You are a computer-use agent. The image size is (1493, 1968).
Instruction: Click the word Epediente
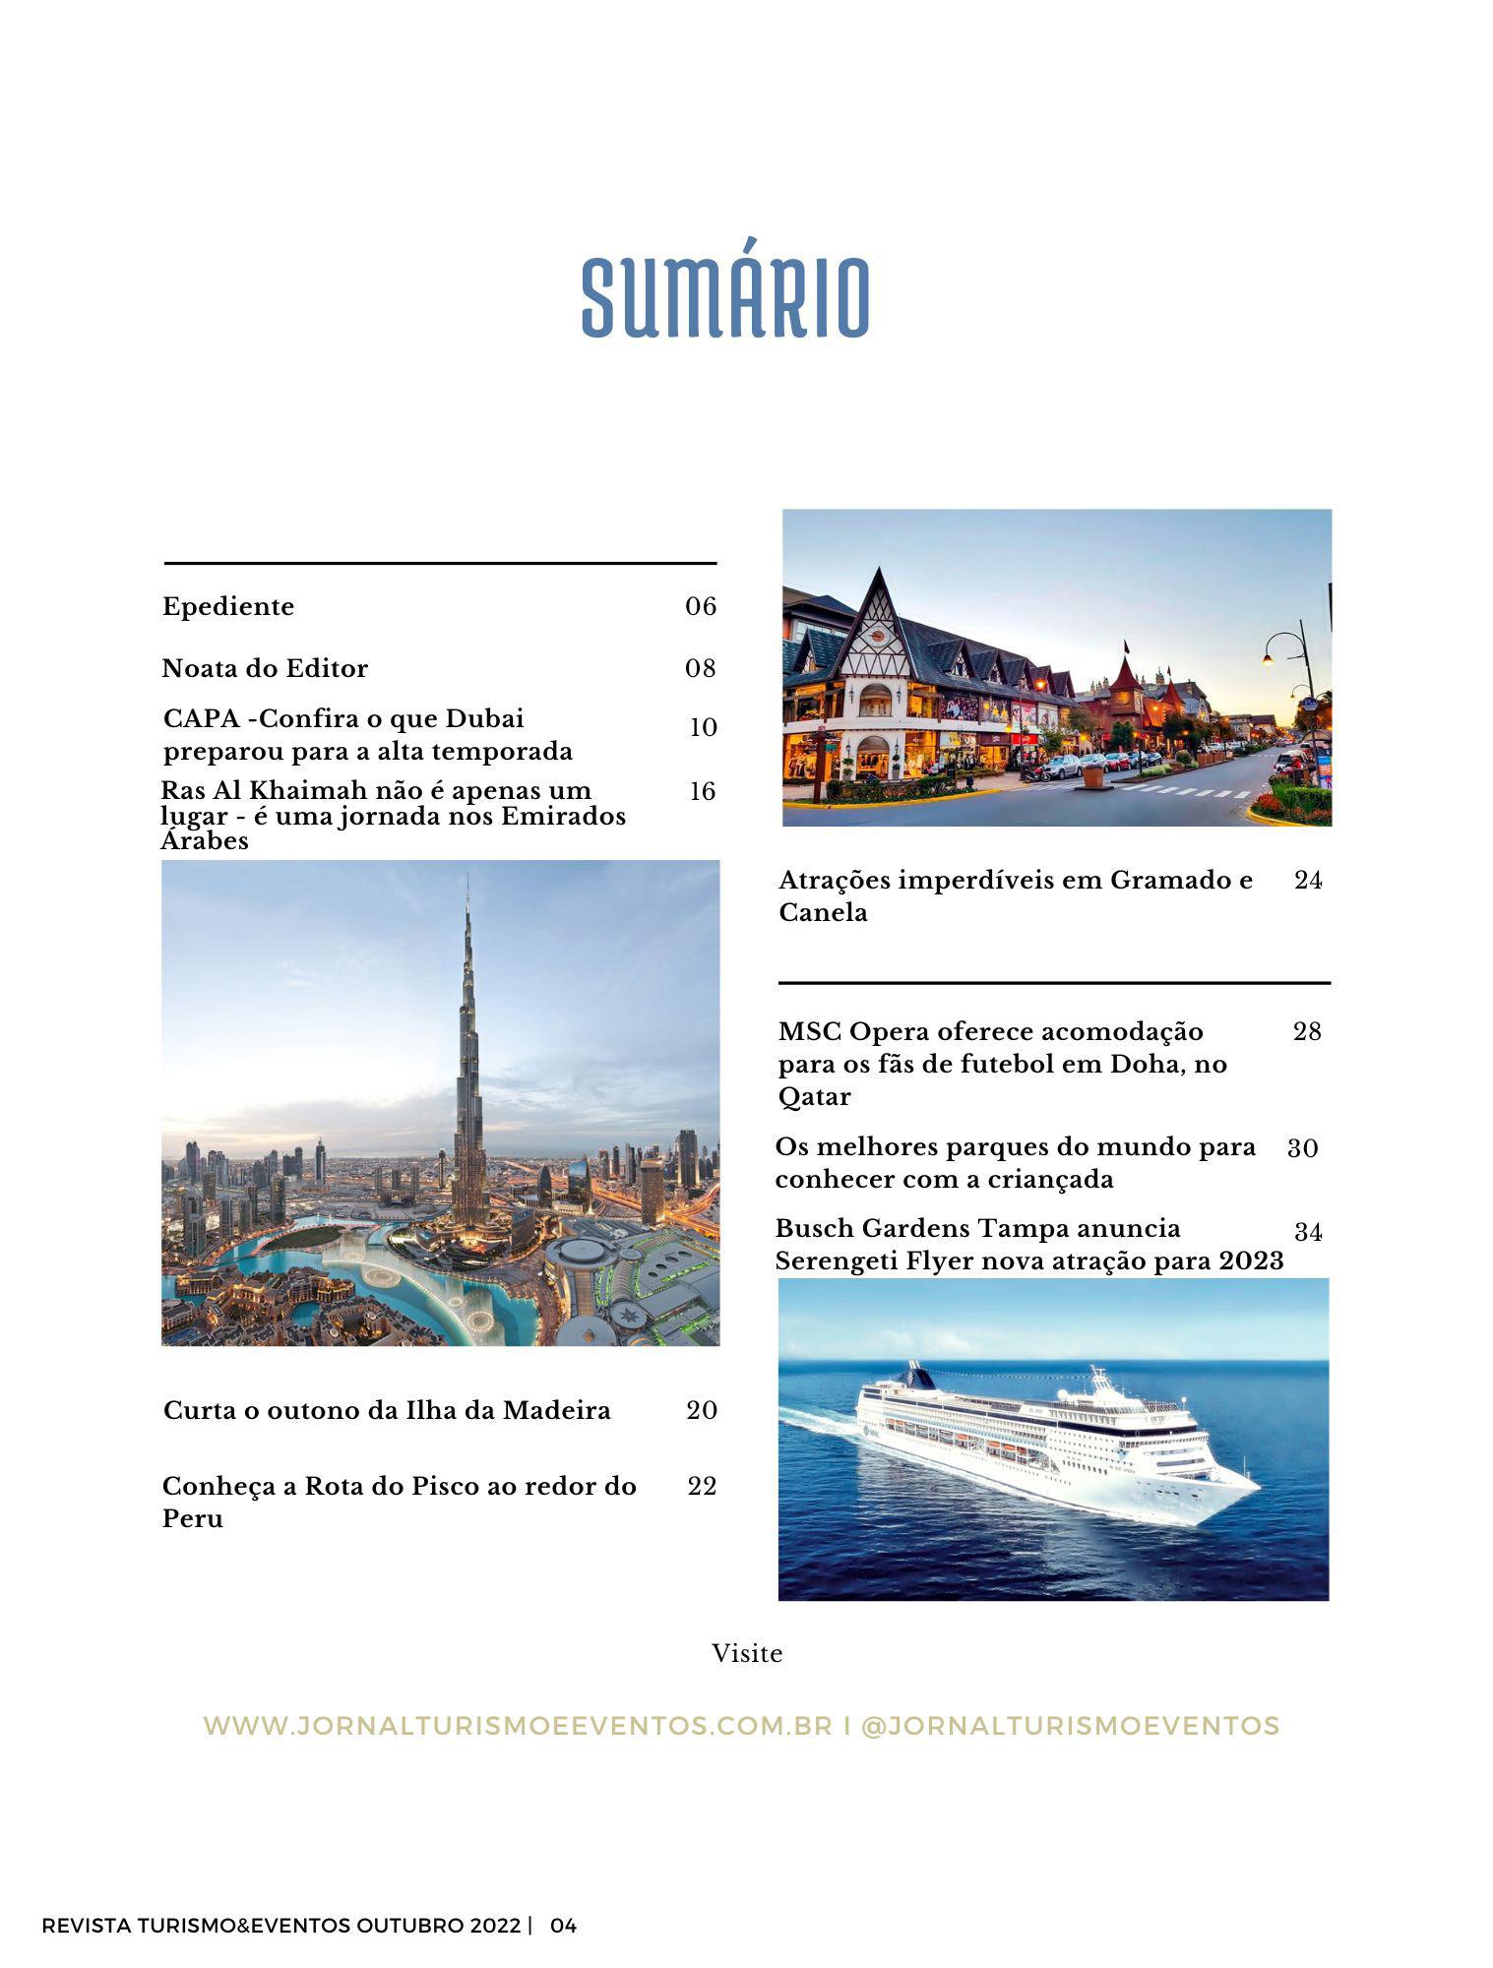pyautogui.click(x=228, y=606)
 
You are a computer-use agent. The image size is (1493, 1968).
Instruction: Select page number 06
pyautogui.click(x=701, y=606)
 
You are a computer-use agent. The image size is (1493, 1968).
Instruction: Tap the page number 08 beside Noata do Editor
pyautogui.click(x=701, y=669)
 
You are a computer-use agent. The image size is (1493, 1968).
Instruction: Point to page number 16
pyautogui.click(x=702, y=792)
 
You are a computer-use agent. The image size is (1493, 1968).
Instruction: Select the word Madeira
pyautogui.click(x=557, y=1411)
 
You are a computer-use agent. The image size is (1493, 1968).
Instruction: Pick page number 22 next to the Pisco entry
pyautogui.click(x=702, y=1486)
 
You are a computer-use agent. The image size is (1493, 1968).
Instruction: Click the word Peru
pyautogui.click(x=193, y=1519)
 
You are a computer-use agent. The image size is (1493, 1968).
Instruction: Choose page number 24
pyautogui.click(x=1308, y=880)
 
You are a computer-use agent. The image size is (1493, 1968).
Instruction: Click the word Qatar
pyautogui.click(x=814, y=1097)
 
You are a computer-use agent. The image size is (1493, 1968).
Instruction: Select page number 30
pyautogui.click(x=1303, y=1148)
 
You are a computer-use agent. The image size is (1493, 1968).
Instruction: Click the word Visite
pyautogui.click(x=747, y=1654)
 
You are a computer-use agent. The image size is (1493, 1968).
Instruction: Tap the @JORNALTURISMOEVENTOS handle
pyautogui.click(x=1070, y=1726)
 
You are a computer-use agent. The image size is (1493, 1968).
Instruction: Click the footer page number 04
pyautogui.click(x=564, y=1926)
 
